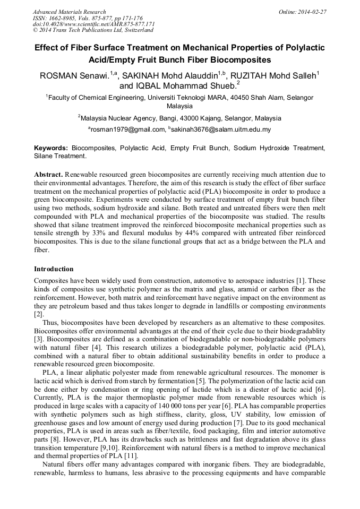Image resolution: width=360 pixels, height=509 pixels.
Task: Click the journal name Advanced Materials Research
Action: (69, 12)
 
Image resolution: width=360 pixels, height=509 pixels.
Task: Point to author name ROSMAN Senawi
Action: (74, 76)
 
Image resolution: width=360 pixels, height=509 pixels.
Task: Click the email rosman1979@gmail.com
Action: (128, 129)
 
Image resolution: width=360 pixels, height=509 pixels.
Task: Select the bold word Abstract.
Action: (48, 175)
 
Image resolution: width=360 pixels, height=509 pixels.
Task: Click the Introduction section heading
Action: (54, 269)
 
